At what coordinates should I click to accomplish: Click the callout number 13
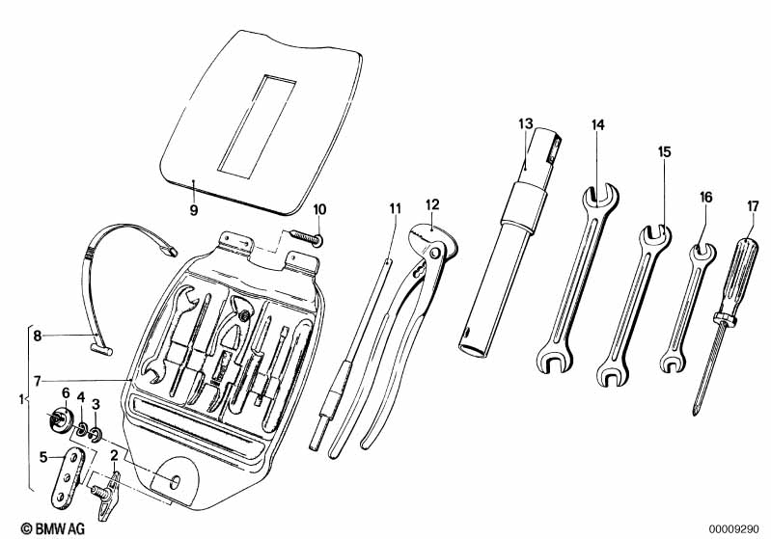pyautogui.click(x=525, y=123)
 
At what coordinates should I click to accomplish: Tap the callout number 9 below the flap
pyautogui.click(x=194, y=210)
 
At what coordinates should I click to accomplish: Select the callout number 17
pyautogui.click(x=753, y=206)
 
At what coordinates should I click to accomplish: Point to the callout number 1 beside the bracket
pyautogui.click(x=21, y=399)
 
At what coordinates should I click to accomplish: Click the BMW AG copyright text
pyautogui.click(x=53, y=528)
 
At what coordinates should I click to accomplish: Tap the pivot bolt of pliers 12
pyautogui.click(x=434, y=253)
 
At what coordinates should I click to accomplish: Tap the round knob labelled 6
pyautogui.click(x=60, y=420)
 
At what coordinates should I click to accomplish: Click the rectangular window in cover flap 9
pyautogui.click(x=257, y=126)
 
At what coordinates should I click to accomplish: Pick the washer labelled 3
pyautogui.click(x=96, y=434)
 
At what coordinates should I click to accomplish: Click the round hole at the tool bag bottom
pyautogui.click(x=175, y=481)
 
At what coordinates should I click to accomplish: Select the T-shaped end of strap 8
pyautogui.click(x=101, y=349)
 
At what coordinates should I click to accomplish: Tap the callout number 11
pyautogui.click(x=396, y=208)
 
